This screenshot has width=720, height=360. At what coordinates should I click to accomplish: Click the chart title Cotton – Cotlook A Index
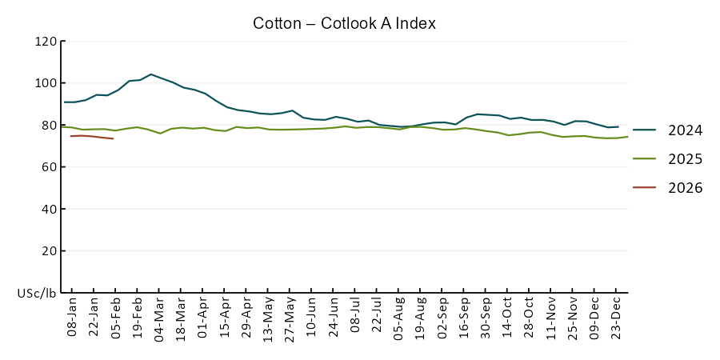[344, 23]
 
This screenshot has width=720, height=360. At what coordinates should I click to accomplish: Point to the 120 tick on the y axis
[46, 42]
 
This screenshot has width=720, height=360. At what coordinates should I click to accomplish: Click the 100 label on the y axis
[46, 83]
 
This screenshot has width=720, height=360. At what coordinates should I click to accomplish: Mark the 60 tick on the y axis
[50, 167]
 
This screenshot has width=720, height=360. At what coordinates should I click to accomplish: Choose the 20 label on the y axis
[50, 250]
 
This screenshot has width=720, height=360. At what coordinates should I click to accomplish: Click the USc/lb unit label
[37, 293]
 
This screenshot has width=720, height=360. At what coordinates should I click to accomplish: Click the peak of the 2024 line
[151, 74]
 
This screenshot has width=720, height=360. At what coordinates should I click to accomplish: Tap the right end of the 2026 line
[114, 138]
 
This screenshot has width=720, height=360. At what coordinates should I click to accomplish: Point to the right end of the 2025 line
[628, 137]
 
